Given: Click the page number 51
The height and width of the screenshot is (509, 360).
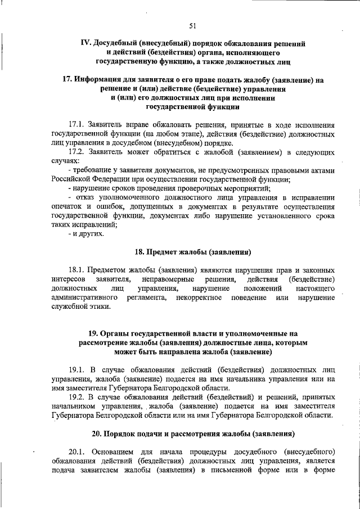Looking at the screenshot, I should pos(192,25).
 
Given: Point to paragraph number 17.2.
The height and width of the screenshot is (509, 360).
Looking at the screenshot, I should pos(78,151).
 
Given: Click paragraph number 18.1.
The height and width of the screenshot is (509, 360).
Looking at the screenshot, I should pos(78,270).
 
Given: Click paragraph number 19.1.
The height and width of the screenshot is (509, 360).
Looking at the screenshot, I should pos(78,370).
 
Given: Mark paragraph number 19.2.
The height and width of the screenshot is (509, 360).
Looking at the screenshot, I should pos(78,397).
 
